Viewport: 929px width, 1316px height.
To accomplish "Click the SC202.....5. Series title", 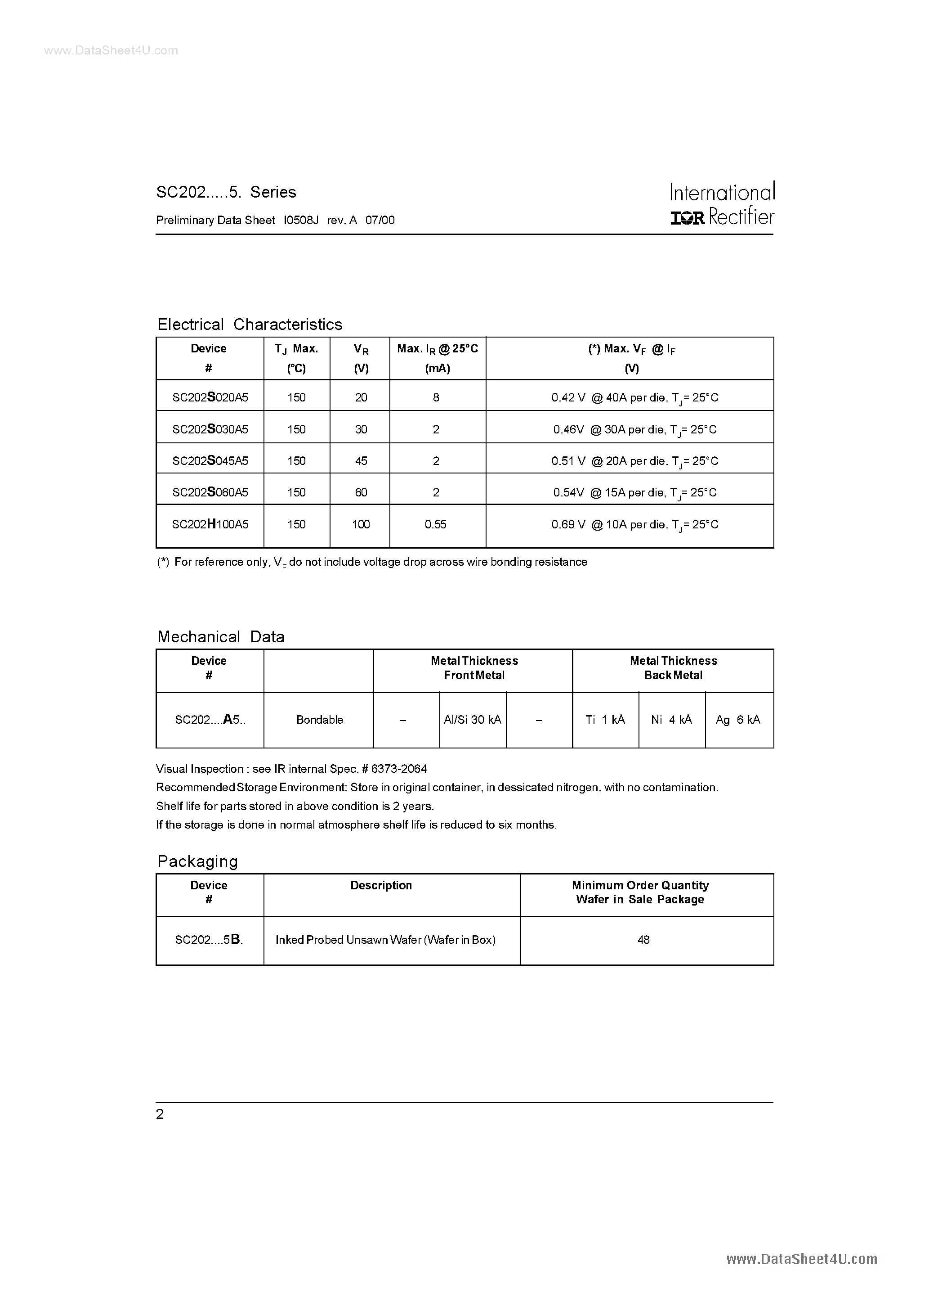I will [x=226, y=192].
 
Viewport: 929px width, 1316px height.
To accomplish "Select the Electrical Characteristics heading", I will [x=250, y=324].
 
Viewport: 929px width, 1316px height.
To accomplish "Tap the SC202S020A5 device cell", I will [x=210, y=397].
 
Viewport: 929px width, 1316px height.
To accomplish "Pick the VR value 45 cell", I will [x=361, y=461].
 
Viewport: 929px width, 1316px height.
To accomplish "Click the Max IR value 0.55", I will [x=435, y=524].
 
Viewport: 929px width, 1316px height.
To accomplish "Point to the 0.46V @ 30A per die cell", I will [x=634, y=429].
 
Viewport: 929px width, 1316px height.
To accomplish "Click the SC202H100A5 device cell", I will [x=210, y=524].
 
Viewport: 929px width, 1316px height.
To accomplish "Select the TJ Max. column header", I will [x=296, y=348].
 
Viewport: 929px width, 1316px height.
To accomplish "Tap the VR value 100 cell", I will [x=361, y=524].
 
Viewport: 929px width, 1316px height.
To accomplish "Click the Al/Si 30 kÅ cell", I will [x=473, y=720].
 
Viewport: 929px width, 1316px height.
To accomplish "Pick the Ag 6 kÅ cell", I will [x=738, y=720].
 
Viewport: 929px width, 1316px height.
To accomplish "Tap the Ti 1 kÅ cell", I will [x=605, y=720].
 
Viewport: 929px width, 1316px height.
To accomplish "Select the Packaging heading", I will [x=197, y=861].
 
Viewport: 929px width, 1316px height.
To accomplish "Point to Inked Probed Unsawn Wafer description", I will [x=385, y=940].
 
